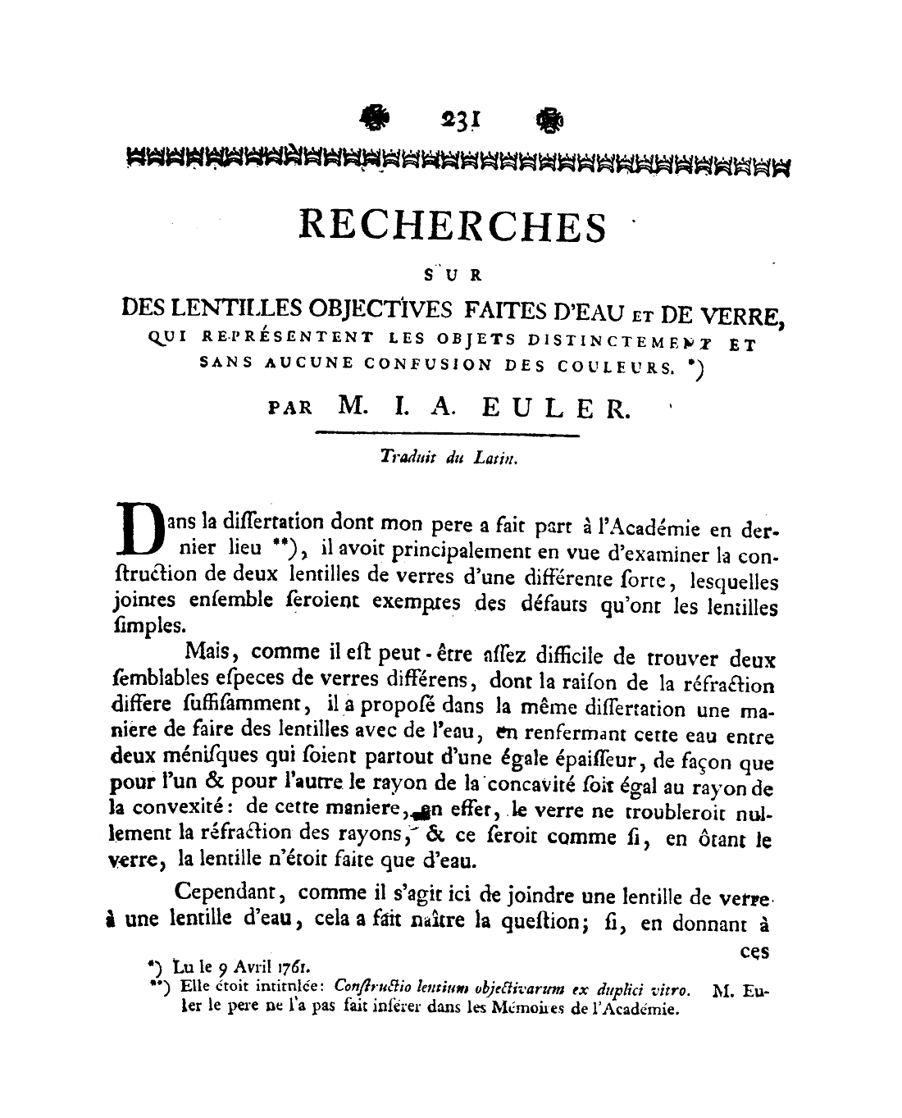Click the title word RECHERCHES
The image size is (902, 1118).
454,225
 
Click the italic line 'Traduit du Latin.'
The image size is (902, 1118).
449,461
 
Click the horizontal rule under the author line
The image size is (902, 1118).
447,433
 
